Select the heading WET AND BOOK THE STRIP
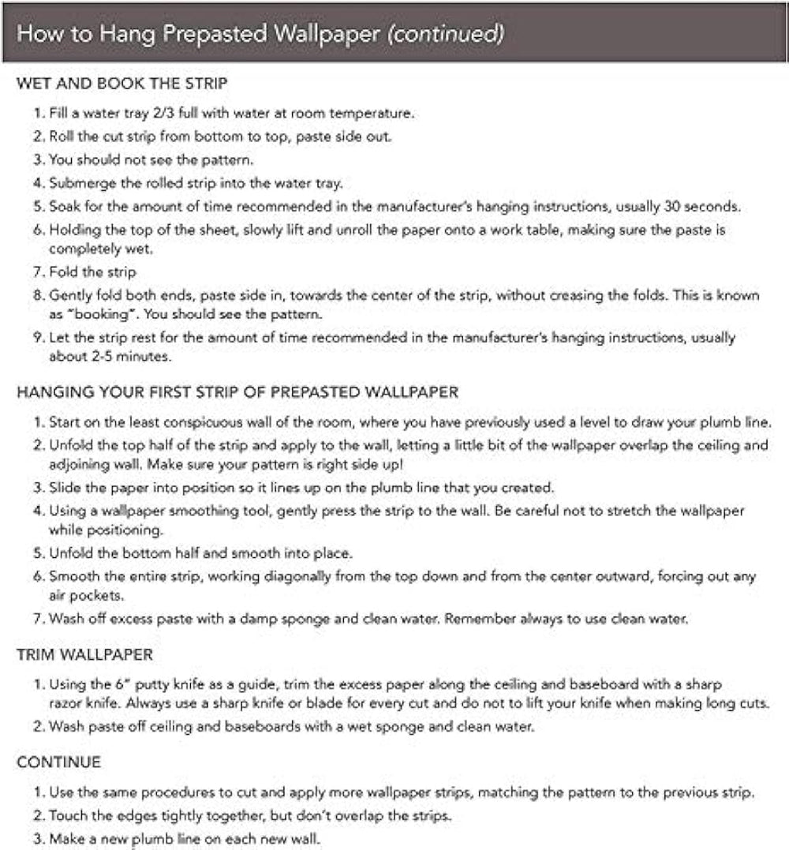(x=122, y=84)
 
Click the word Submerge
(x=79, y=184)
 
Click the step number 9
(x=37, y=337)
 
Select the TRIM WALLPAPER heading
(x=84, y=655)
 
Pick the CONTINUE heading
(x=58, y=762)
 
